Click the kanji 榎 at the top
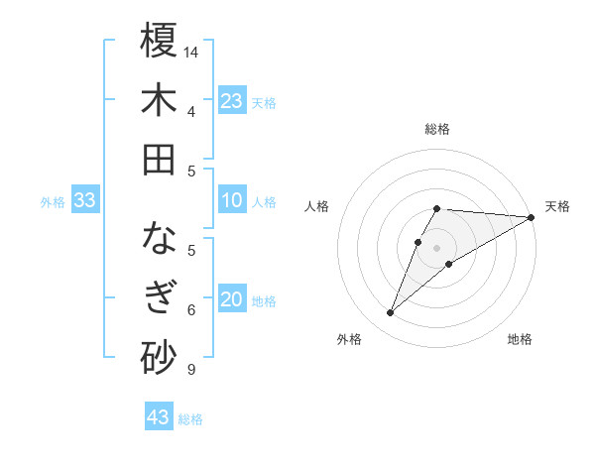159,41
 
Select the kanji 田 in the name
159,160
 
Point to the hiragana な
159,239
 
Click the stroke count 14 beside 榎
191,52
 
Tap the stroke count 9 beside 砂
190,370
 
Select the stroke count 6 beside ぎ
190,310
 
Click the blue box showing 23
232,101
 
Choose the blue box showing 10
232,201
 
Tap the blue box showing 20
232,300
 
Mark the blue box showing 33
84,201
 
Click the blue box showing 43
158,417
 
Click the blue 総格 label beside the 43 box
191,419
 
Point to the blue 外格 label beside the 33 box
53,202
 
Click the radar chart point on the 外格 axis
390,313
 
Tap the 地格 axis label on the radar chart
520,340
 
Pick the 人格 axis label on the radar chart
316,206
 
